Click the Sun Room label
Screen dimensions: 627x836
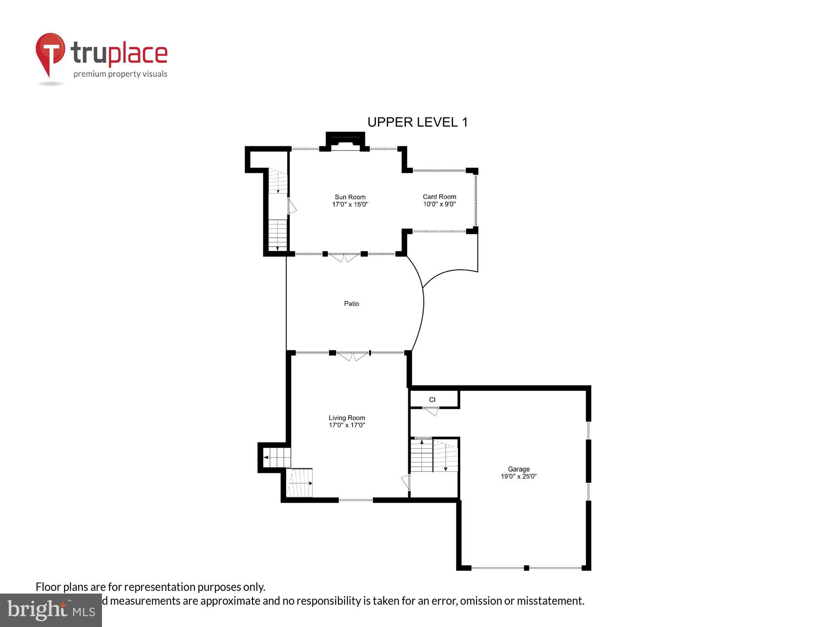pos(350,197)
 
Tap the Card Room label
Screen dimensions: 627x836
pos(439,196)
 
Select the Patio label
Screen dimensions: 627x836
pos(351,303)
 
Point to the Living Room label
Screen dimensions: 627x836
pos(347,418)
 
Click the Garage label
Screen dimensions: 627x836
pos(518,469)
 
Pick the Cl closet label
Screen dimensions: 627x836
pos(432,400)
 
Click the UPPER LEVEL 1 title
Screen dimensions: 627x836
pos(417,122)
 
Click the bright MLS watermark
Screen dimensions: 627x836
pos(51,611)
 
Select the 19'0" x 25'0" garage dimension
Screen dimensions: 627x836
pos(518,477)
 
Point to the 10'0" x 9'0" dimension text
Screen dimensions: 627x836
pos(439,204)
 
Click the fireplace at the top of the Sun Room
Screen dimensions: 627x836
pos(345,141)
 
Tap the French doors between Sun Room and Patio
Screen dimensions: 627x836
pos(344,257)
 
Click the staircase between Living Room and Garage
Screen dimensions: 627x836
pos(434,455)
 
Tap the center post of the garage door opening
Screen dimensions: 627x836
pos(526,568)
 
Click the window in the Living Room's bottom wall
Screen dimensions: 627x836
pos(355,500)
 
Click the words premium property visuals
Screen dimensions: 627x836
pos(120,74)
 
